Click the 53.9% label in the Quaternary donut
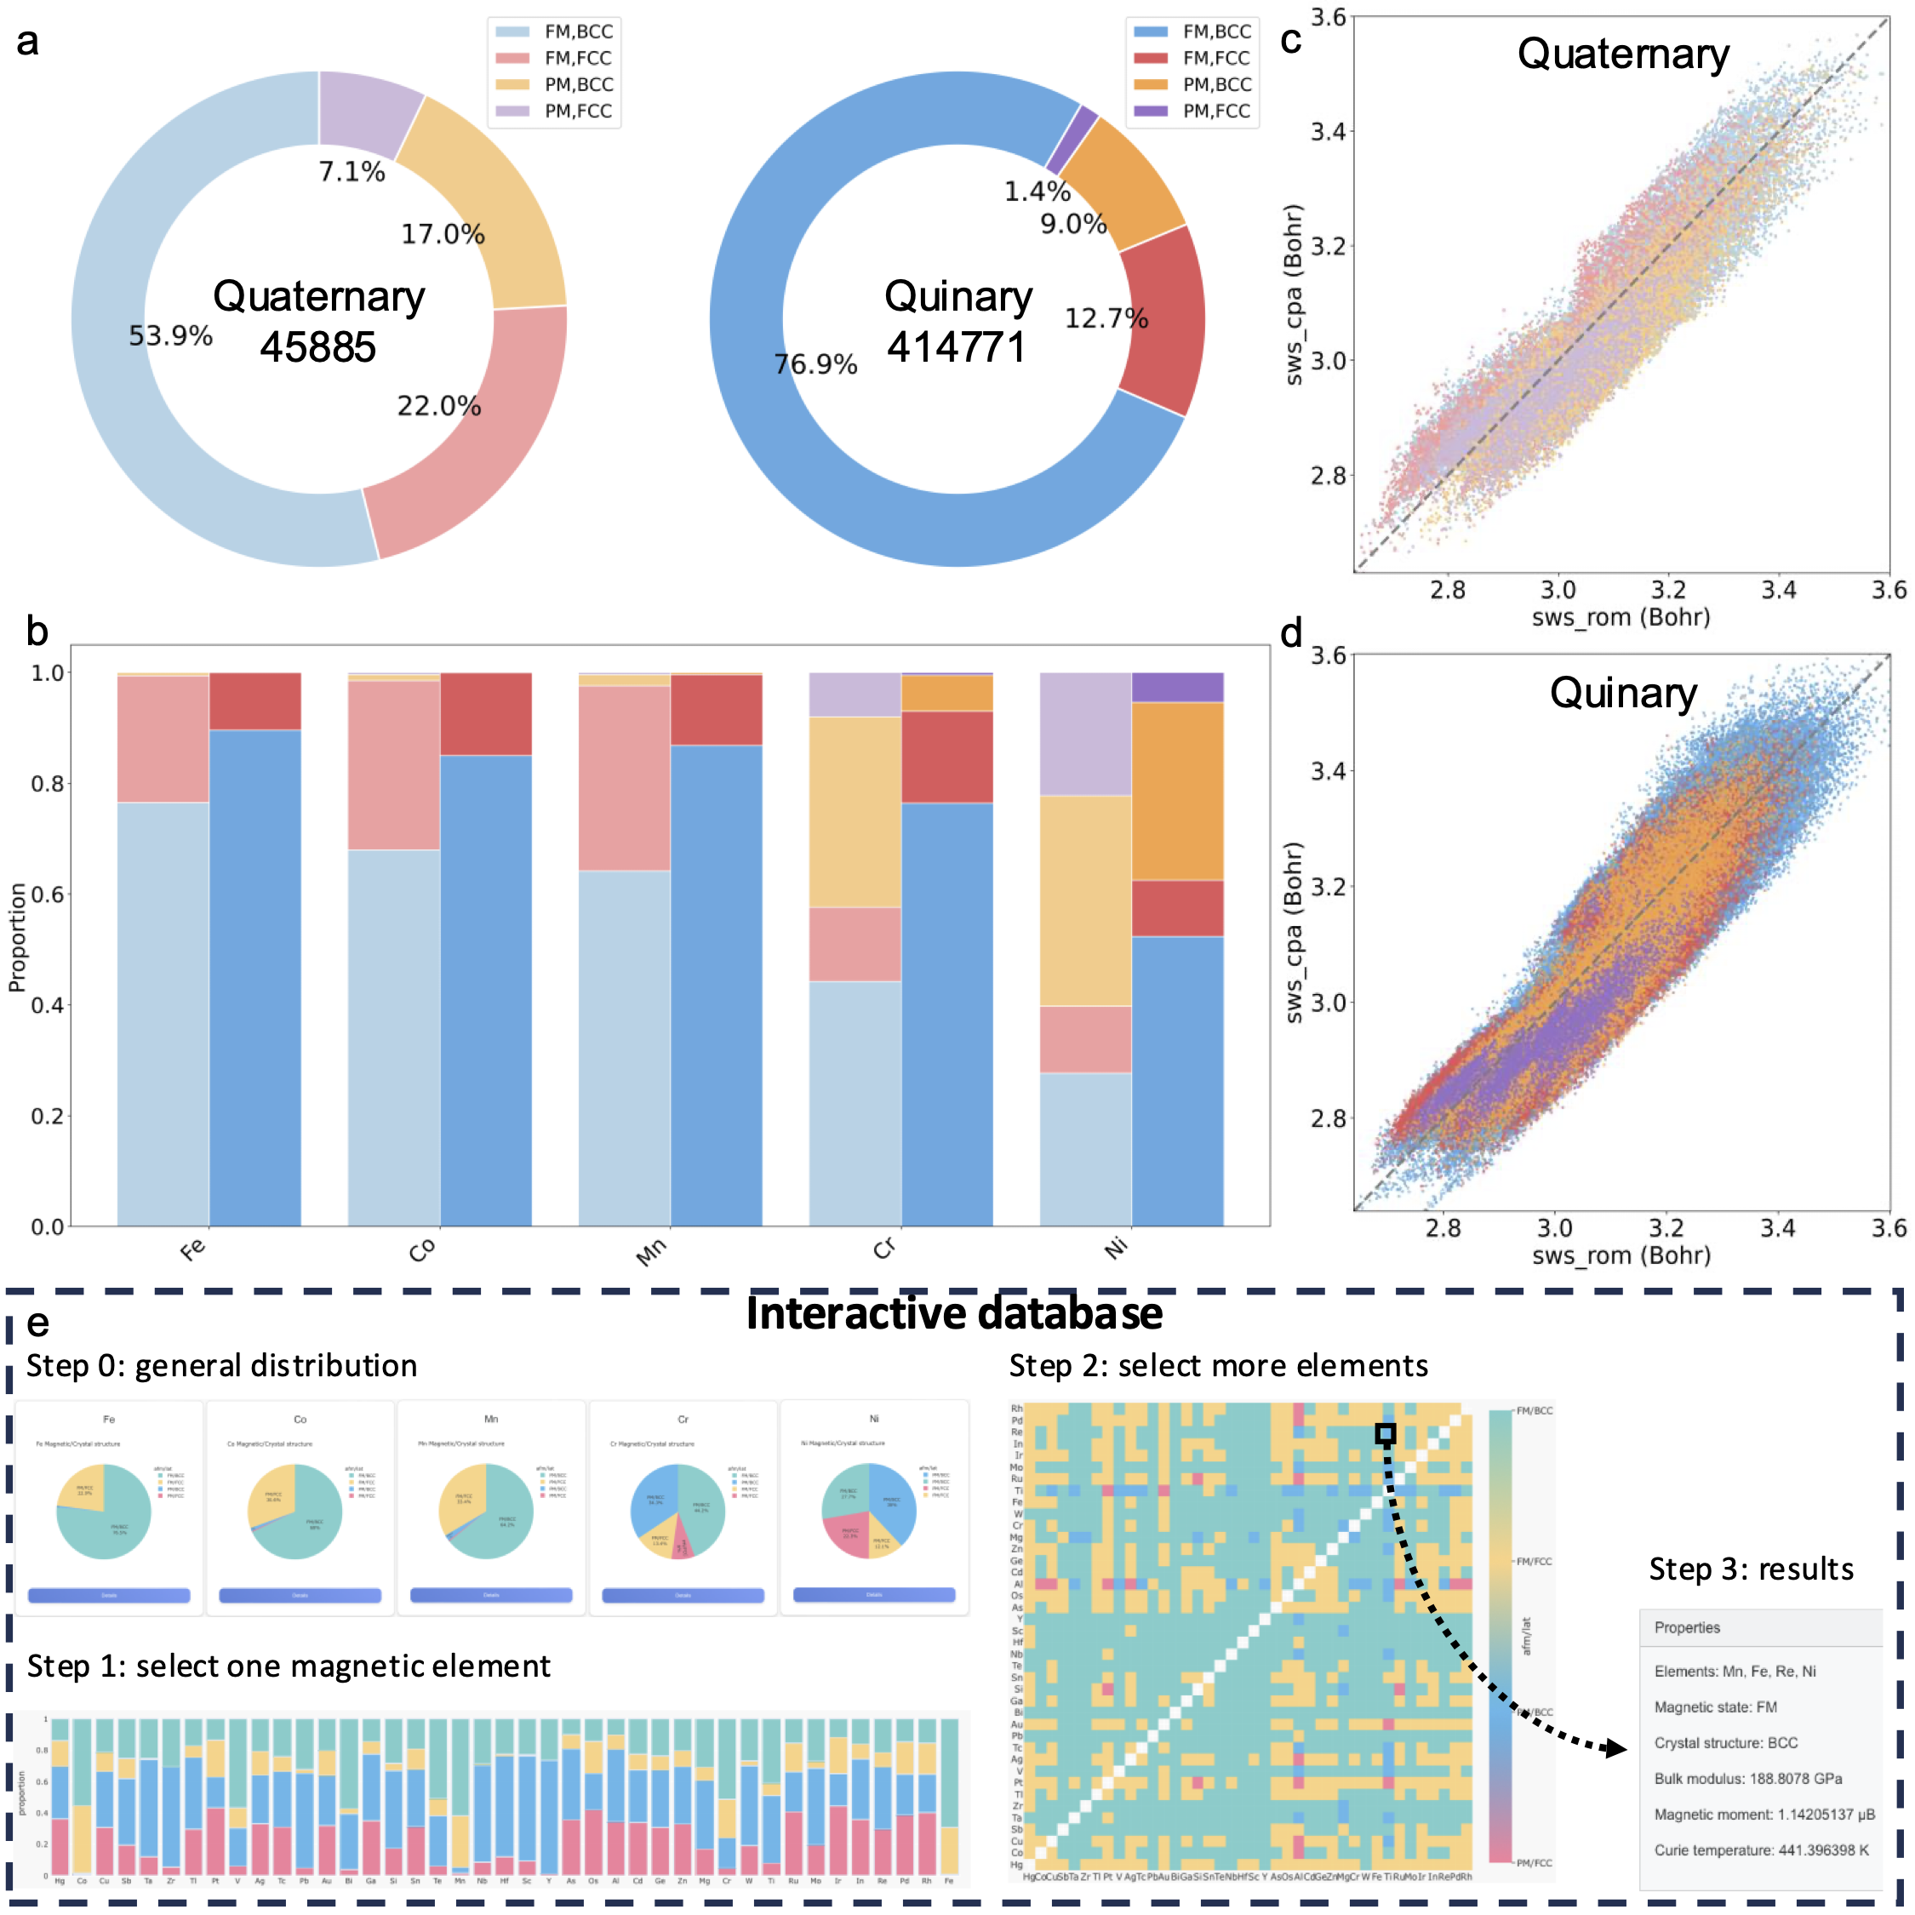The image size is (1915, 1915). point(170,336)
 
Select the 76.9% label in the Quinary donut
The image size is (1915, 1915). point(815,365)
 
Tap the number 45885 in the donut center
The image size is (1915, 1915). point(318,348)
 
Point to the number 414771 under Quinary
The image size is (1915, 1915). point(957,348)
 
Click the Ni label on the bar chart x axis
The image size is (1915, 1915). point(1117,1247)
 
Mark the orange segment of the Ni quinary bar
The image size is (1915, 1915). point(1178,791)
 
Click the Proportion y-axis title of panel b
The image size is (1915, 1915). point(17,938)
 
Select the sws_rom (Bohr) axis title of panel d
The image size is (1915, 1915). point(1621,1256)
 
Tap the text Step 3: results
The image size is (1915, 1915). point(1751,1569)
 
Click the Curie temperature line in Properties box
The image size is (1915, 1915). point(1760,1850)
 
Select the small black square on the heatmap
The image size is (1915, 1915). point(1386,1433)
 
